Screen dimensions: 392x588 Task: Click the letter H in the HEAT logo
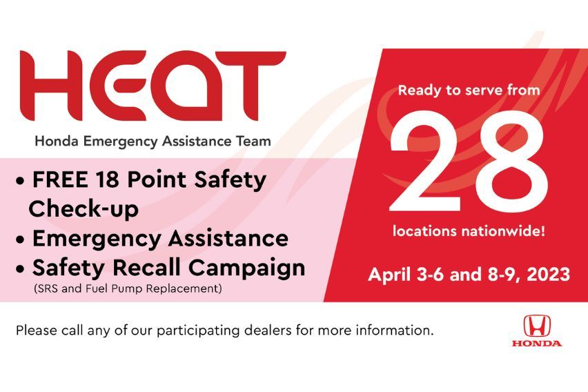52,85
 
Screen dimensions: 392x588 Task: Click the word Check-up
84,209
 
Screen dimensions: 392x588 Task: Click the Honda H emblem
536,326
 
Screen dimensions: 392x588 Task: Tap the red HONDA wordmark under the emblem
536,343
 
